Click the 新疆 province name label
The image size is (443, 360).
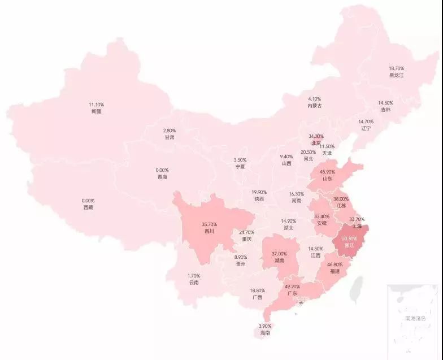point(96,112)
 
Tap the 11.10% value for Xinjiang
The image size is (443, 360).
point(96,105)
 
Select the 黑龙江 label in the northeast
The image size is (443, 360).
point(397,75)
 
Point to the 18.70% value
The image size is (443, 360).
point(397,68)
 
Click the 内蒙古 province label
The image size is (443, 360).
point(315,106)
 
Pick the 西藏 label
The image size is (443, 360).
point(88,208)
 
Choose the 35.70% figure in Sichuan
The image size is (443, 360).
point(209,224)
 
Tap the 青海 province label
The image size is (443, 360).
point(162,177)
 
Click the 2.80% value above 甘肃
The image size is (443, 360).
point(170,131)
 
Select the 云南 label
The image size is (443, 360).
point(194,283)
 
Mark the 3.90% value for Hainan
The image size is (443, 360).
point(264,327)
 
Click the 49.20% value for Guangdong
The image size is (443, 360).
point(292,287)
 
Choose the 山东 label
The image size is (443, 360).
point(327,179)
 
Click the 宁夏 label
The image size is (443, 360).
point(240,167)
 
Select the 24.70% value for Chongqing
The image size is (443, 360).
point(246,232)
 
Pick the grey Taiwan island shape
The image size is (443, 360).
point(357,288)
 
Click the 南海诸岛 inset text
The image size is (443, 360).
point(415,319)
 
